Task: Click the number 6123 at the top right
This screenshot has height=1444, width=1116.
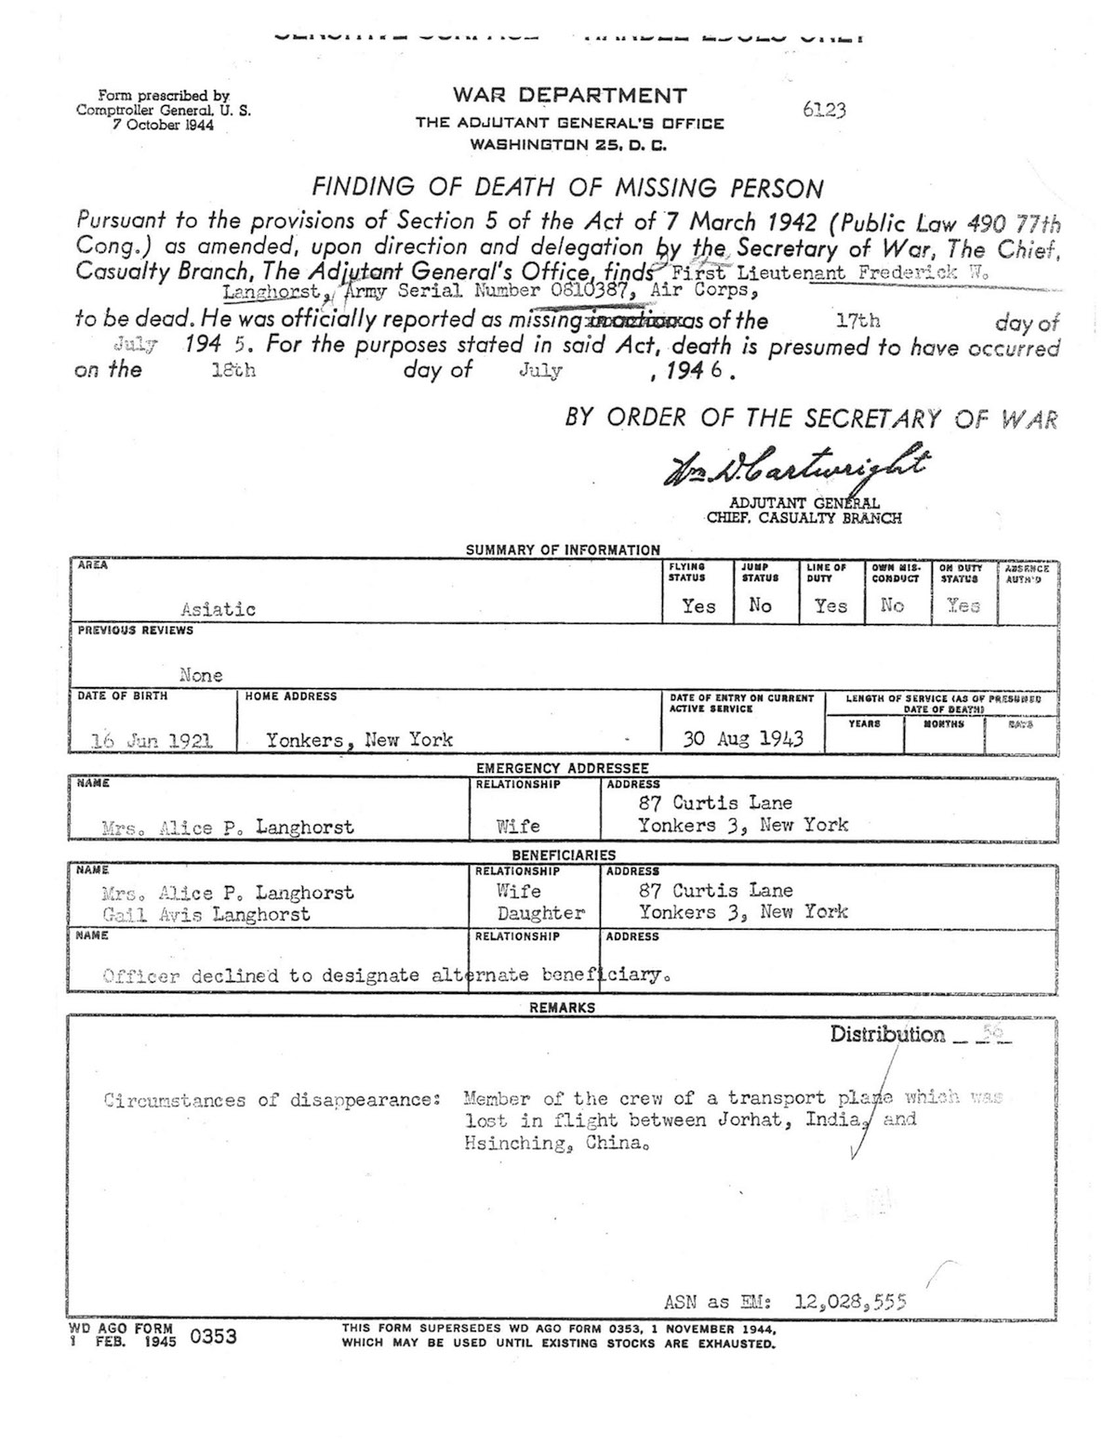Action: pos(823,111)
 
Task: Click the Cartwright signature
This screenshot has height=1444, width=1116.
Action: pos(794,467)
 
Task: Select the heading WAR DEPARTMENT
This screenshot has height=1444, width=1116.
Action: pos(570,95)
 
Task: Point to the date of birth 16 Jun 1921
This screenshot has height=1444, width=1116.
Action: pos(153,741)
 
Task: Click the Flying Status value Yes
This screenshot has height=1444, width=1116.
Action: pos(698,606)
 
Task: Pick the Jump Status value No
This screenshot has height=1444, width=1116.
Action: pos(760,606)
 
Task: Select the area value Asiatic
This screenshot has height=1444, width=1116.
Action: pos(219,610)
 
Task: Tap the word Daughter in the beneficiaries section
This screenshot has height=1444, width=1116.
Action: pos(540,913)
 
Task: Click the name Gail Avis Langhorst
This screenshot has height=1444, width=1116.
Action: pos(206,915)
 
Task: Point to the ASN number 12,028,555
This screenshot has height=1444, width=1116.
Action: pos(851,1302)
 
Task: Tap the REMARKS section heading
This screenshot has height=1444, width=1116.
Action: pos(562,1007)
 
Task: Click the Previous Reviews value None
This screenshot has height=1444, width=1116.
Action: pos(201,675)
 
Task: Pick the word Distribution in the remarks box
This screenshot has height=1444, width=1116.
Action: pos(887,1035)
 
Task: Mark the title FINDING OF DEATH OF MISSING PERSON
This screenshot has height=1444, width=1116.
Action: pos(567,188)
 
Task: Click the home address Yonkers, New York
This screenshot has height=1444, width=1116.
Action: pos(360,740)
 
